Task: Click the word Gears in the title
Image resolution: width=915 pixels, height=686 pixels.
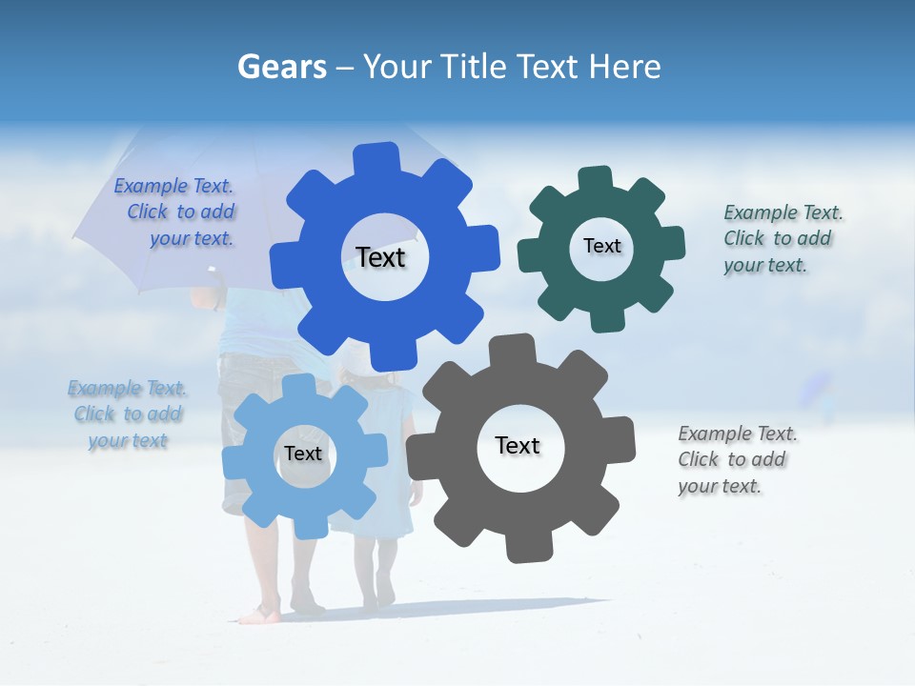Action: tap(282, 67)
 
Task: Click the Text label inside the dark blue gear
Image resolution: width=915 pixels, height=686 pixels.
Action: tap(380, 257)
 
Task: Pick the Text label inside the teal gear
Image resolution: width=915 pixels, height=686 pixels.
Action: tap(601, 246)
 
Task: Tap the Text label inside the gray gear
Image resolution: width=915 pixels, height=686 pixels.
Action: tap(518, 445)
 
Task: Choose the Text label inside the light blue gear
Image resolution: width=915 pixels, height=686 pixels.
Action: tap(303, 454)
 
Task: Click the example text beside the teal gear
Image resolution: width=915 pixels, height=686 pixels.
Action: tap(783, 238)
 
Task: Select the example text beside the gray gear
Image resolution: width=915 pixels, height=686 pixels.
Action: tap(737, 459)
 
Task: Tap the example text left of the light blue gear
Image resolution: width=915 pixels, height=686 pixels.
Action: tap(128, 414)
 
